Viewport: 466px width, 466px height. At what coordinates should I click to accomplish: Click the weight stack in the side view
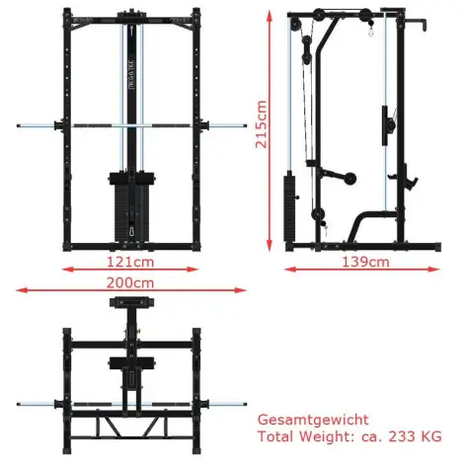pos(290,207)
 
